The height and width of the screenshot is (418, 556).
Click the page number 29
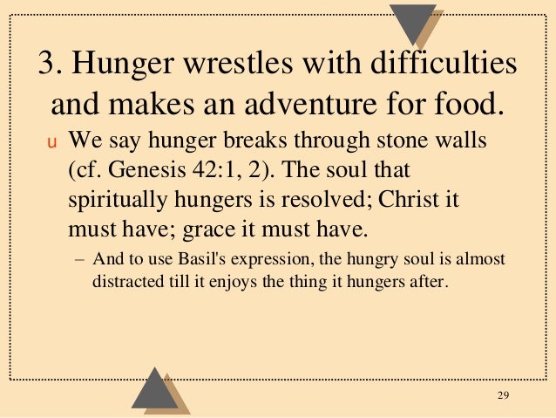click(x=502, y=398)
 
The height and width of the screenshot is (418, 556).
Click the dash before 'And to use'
click(x=80, y=261)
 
